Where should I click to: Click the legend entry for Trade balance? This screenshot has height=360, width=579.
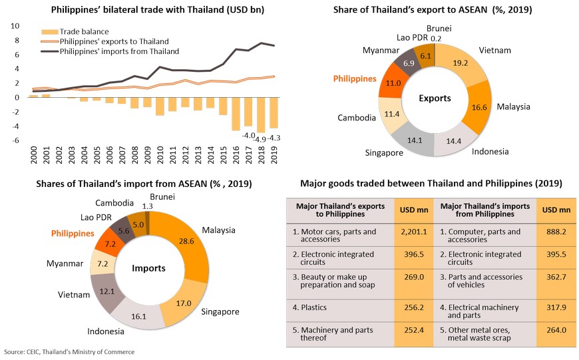[x=76, y=31]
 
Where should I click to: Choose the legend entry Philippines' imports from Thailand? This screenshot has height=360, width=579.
[x=119, y=51]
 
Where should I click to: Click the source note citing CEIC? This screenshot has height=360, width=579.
[x=69, y=351]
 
